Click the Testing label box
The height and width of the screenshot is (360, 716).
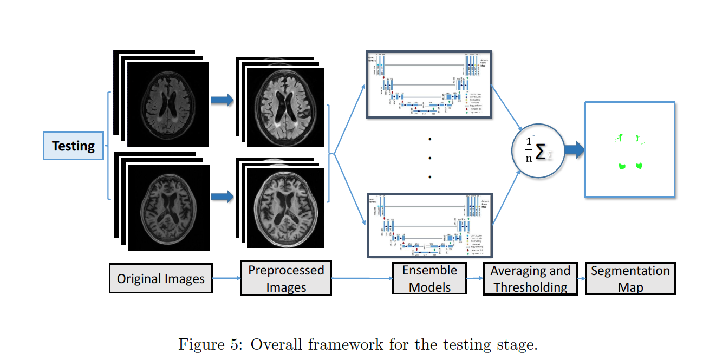pos(73,146)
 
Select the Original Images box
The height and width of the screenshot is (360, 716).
pos(161,279)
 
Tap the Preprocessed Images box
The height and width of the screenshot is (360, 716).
pos(286,278)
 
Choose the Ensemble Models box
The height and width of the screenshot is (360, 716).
pos(429,278)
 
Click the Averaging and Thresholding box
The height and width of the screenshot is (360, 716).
pos(530,278)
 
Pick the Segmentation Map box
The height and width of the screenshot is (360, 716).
pos(630,278)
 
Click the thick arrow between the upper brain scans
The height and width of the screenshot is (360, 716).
pos(222,100)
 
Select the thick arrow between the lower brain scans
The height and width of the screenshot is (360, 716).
pos(222,197)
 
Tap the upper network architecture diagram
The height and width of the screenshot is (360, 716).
pos(429,84)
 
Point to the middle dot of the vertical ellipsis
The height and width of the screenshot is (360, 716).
pos(429,158)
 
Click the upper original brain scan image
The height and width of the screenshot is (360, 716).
pos(168,103)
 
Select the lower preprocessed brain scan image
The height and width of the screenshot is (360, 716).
pos(285,209)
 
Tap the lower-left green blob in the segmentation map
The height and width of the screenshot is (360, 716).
pos(622,166)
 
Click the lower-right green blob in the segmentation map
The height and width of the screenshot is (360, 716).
pos(639,165)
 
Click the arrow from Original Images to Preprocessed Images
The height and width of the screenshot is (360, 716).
pos(226,278)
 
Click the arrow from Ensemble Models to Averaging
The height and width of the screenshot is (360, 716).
pos(474,278)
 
